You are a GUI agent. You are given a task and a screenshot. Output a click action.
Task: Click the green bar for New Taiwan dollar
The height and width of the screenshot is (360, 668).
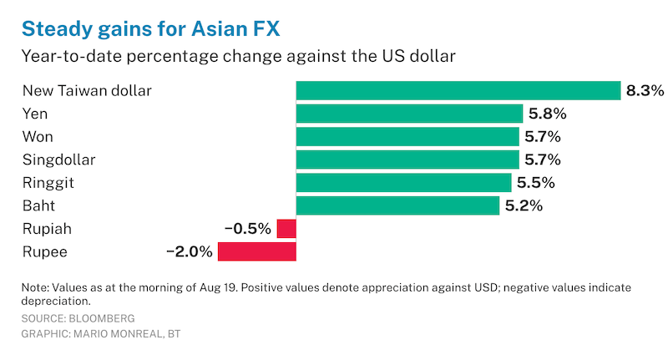point(458,90)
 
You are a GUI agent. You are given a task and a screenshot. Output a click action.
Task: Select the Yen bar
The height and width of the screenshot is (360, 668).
point(409,114)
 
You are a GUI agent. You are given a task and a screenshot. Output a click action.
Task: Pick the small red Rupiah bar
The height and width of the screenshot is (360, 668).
point(286,229)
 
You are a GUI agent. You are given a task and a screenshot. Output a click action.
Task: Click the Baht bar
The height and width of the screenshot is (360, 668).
point(397,205)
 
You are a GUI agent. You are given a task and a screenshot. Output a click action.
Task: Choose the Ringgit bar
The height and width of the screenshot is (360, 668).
point(404,182)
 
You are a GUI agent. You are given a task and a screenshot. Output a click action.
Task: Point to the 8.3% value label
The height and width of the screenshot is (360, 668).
point(645,90)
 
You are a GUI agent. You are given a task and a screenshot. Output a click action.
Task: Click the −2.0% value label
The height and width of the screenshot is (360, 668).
point(190,251)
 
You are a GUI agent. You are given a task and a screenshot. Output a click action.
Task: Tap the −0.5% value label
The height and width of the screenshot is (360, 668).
point(248,229)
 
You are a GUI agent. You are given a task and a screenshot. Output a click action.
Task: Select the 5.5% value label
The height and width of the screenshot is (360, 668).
point(536,182)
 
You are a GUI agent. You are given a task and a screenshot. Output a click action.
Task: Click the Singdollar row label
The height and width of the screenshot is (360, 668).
point(58,160)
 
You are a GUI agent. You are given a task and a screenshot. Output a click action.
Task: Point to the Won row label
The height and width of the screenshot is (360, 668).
point(37,136)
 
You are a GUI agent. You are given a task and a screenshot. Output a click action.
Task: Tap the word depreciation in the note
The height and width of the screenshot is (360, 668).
point(55,301)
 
